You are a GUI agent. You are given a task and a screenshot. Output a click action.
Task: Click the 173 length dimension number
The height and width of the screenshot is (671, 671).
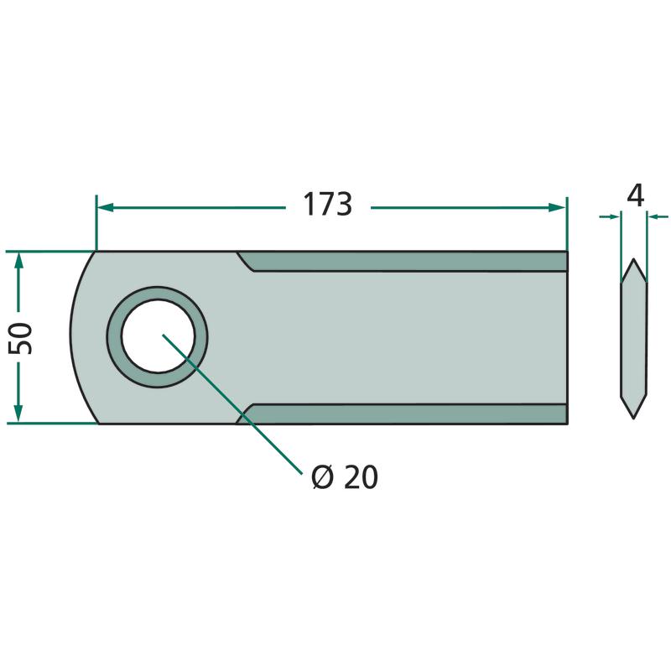(327, 204)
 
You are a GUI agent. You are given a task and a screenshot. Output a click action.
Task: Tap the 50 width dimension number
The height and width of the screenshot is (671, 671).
(20, 339)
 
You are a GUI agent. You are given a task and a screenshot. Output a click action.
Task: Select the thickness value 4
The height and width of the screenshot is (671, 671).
(635, 197)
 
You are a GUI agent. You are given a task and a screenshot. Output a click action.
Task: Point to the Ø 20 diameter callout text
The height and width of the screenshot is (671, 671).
(345, 477)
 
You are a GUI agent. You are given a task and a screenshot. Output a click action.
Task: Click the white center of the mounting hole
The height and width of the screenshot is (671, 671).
(158, 336)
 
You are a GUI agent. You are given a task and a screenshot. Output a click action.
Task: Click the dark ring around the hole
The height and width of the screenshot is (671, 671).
(114, 337)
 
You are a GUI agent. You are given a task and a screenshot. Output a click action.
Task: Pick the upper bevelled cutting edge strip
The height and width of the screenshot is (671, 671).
(403, 261)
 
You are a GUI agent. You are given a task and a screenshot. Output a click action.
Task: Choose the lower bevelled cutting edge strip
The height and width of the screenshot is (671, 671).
(403, 414)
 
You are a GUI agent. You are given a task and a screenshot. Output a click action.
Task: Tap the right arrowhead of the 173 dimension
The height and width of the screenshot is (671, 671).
(557, 208)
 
